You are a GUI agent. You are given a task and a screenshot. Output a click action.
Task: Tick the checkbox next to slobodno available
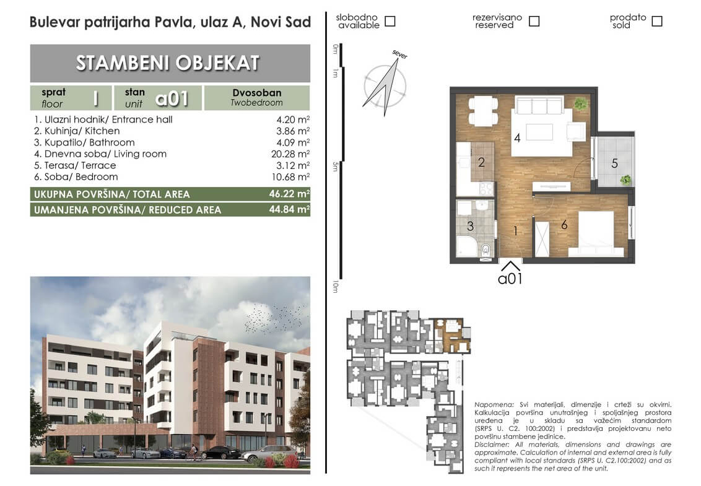(x=390, y=21)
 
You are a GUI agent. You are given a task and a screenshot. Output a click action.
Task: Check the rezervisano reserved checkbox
(x=534, y=21)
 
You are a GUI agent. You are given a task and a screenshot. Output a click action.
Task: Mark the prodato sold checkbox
(x=657, y=21)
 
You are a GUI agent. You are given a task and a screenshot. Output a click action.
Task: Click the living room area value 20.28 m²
(x=290, y=154)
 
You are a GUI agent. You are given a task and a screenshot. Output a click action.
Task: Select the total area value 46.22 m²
(x=289, y=194)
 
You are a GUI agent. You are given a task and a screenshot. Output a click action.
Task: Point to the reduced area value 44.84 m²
(x=289, y=209)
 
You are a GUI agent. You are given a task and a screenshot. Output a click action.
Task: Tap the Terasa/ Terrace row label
(x=75, y=165)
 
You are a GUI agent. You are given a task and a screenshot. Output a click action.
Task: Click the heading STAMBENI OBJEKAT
(x=168, y=63)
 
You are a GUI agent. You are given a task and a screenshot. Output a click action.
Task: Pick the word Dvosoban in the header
(x=257, y=92)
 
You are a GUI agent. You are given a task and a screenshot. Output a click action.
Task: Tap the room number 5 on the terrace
(x=615, y=163)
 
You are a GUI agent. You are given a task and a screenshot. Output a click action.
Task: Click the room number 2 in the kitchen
(x=482, y=162)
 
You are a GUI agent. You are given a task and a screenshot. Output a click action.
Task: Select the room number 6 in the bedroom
(x=564, y=225)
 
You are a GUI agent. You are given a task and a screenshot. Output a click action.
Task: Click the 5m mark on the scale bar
(x=335, y=167)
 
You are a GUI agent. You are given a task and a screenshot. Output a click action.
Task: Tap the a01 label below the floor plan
(x=510, y=279)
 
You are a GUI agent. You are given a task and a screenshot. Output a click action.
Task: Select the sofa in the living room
(x=539, y=105)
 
